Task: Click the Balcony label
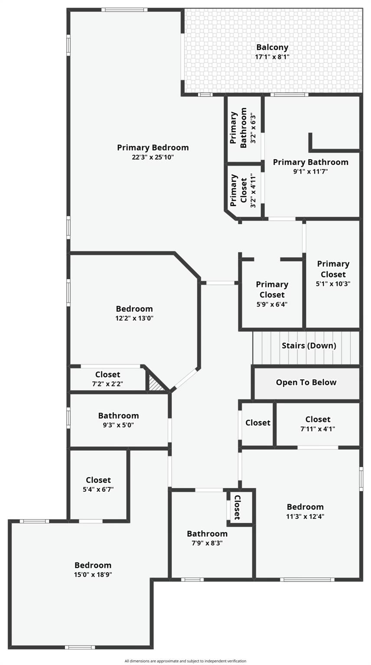click(x=272, y=47)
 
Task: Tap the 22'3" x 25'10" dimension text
click(x=153, y=157)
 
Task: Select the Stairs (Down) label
click(x=309, y=345)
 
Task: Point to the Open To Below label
click(x=306, y=382)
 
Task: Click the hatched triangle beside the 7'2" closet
click(x=156, y=384)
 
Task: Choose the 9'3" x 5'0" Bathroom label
click(x=118, y=416)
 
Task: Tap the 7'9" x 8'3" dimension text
click(x=207, y=543)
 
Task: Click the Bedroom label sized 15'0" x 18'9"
click(x=93, y=565)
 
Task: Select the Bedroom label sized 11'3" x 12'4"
click(x=305, y=507)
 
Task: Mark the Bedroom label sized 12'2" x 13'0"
click(x=134, y=309)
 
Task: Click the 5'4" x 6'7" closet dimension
click(x=98, y=489)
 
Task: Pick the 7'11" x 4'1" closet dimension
click(x=318, y=429)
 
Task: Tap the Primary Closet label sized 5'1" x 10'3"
click(x=333, y=269)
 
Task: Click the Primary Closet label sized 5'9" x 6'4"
click(x=272, y=289)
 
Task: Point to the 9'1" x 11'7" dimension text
click(x=310, y=171)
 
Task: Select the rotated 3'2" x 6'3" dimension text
click(x=254, y=129)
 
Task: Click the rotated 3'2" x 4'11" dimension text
click(x=254, y=190)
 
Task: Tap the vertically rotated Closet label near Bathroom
click(x=238, y=507)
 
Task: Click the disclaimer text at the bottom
click(x=185, y=661)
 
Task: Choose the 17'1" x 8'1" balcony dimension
click(x=272, y=57)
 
